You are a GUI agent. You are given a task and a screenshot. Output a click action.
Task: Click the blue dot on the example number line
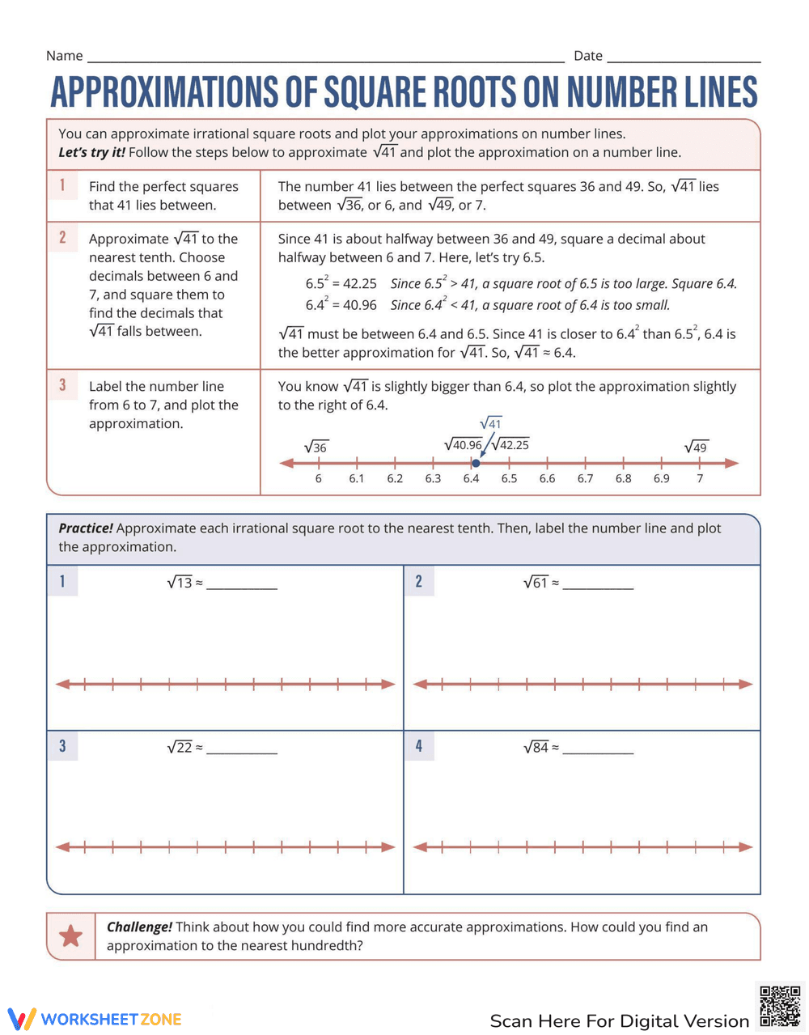point(476,463)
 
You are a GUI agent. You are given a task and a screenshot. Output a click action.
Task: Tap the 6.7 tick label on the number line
point(585,478)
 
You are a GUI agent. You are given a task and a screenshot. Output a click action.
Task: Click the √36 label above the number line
point(316,448)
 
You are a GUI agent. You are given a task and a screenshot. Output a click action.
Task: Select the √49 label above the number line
point(696,448)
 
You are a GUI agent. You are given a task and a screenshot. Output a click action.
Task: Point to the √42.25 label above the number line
point(510,444)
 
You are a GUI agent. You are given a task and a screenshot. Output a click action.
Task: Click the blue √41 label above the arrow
point(490,423)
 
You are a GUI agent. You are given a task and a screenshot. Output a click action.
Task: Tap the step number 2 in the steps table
point(62,238)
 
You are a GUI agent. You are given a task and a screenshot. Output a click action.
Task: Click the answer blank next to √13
point(241,584)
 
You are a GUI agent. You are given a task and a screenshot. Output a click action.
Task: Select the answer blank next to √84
point(598,749)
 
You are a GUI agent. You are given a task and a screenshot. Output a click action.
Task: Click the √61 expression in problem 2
point(536,583)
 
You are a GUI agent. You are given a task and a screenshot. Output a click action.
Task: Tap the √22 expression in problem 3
point(180,748)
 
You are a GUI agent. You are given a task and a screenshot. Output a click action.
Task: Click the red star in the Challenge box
point(71,936)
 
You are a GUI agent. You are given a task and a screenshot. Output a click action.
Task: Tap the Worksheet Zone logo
point(95,1019)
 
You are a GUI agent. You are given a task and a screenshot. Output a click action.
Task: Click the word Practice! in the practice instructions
point(86,528)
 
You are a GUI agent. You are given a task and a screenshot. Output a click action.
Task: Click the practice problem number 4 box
point(418,745)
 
